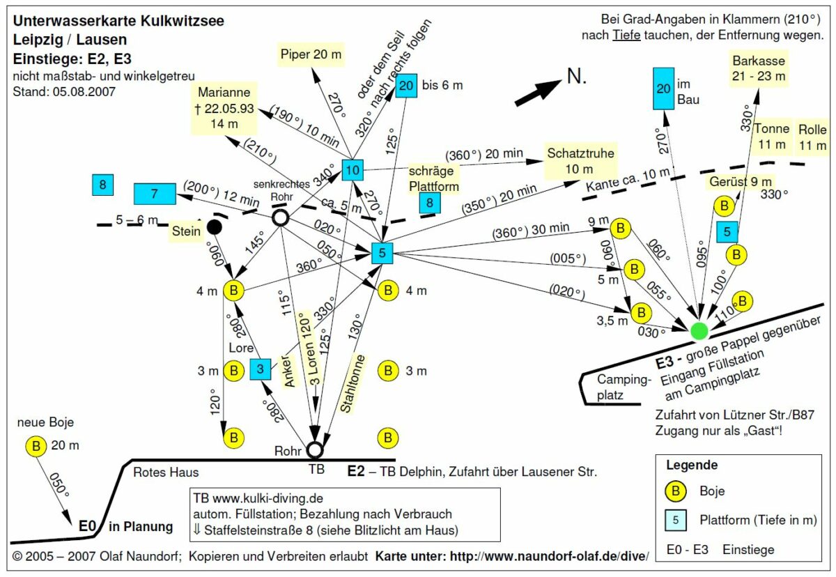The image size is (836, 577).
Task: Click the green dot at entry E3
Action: tap(699, 331)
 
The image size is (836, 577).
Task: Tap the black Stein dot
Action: tap(215, 227)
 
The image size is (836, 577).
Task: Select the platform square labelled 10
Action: tap(353, 170)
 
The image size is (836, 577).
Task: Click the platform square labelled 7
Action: tap(155, 194)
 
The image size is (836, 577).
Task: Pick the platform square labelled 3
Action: tap(260, 369)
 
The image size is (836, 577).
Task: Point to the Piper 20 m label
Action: tap(311, 54)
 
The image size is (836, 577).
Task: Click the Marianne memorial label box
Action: tap(224, 108)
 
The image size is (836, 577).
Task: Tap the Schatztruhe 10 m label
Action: tap(580, 161)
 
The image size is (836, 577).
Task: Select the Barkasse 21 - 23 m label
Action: tap(759, 68)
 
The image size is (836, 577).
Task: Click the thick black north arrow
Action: tap(538, 92)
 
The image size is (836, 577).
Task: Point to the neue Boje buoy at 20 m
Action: tap(36, 446)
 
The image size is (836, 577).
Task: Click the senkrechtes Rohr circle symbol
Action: tap(280, 217)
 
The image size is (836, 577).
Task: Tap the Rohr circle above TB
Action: tap(315, 449)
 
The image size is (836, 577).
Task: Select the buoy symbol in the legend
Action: tap(676, 491)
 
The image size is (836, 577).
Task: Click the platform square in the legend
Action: tap(676, 520)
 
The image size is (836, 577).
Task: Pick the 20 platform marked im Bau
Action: tap(663, 89)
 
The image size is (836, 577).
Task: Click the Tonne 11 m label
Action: tap(772, 137)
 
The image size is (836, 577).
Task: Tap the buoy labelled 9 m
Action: tap(621, 228)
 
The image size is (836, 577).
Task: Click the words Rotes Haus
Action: tap(166, 472)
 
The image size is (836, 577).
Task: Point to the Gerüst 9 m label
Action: tap(740, 182)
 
